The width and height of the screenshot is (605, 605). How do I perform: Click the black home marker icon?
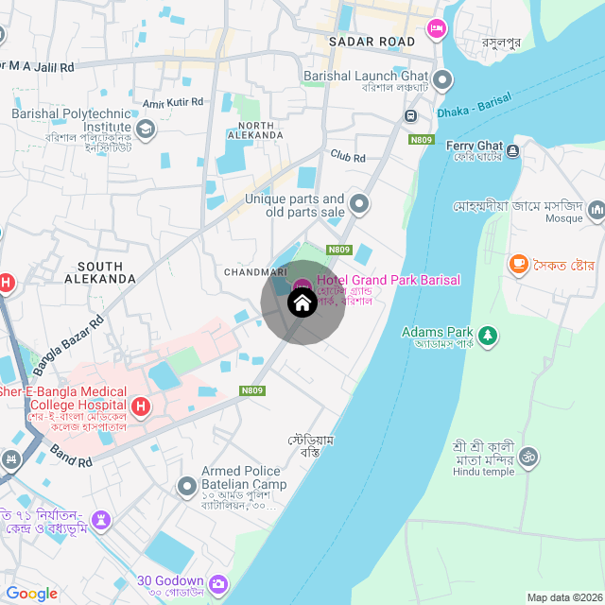302,303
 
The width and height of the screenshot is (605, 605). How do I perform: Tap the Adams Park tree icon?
488,335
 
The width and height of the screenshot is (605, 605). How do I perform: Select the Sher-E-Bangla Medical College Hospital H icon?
141,407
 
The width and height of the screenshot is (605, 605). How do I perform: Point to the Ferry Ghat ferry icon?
512,150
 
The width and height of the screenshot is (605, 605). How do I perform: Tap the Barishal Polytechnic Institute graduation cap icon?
146,128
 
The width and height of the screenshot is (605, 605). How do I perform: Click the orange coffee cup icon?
518,265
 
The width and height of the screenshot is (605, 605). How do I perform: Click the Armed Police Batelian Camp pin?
186,486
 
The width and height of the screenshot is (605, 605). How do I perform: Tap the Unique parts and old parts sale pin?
358,203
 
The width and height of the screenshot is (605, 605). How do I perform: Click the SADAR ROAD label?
372,42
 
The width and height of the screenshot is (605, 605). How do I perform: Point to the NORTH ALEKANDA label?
256,130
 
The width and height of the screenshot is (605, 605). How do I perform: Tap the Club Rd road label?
347,156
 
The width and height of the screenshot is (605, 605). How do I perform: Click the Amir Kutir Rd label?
173,102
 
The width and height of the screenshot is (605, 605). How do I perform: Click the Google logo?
32,593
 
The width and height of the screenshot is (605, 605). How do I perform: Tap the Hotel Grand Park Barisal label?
388,280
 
